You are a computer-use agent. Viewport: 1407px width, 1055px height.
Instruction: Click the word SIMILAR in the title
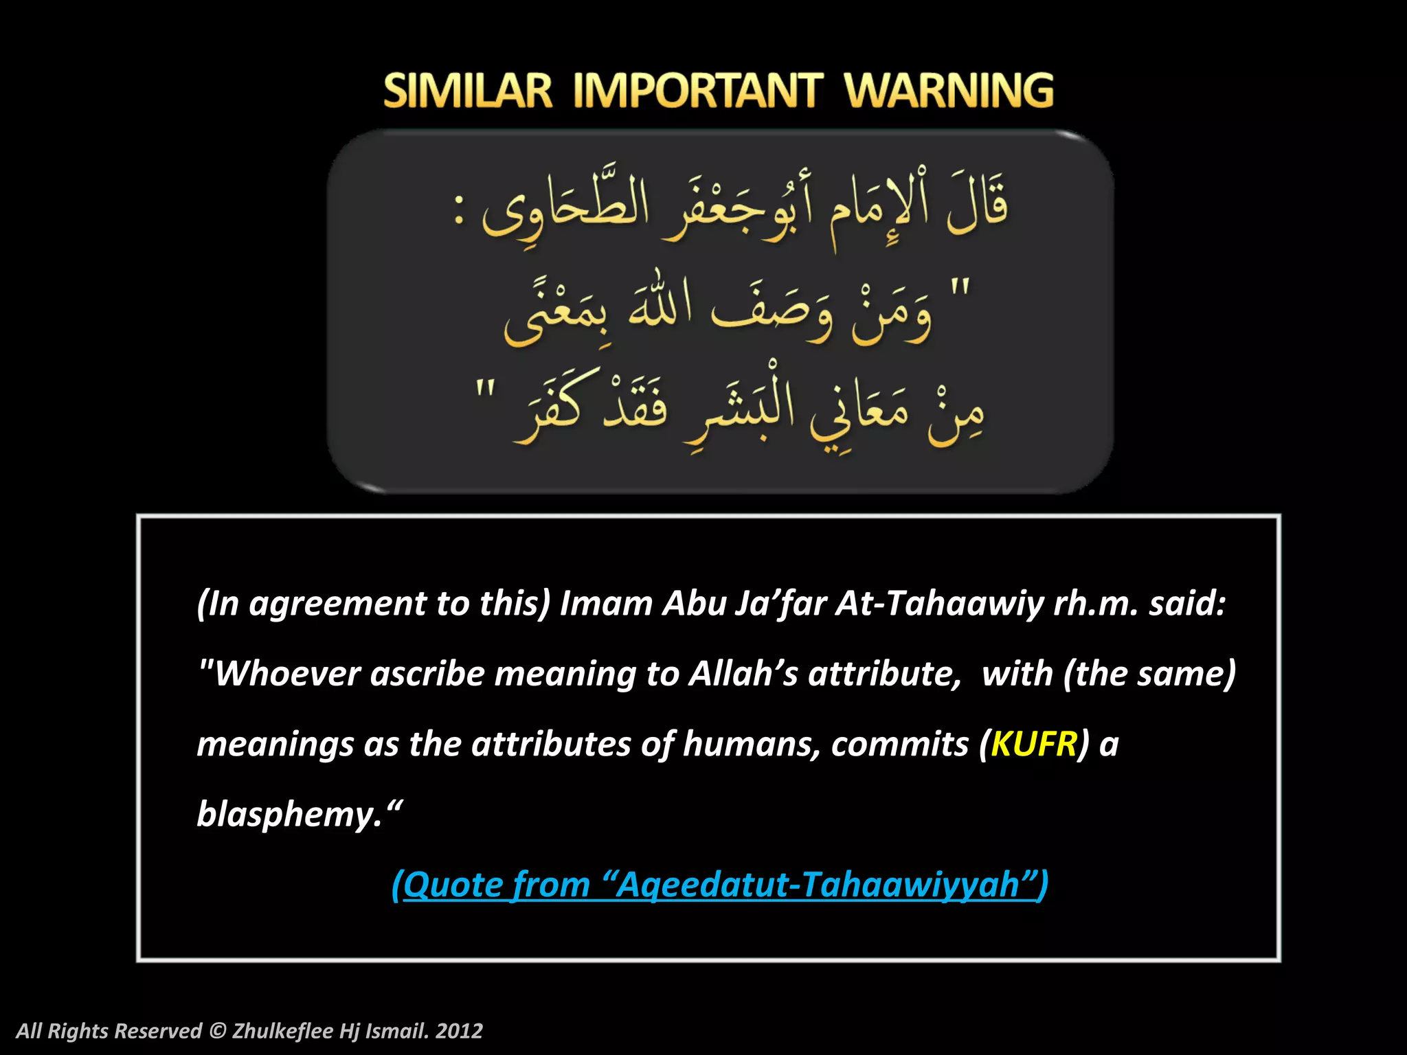(x=467, y=91)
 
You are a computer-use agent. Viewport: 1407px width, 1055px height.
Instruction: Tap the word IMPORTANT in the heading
(x=697, y=91)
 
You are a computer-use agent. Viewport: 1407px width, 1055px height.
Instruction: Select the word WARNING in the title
(x=949, y=91)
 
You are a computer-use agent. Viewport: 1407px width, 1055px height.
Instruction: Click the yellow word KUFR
(x=1034, y=744)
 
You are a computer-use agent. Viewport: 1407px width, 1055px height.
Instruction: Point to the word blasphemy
(x=289, y=815)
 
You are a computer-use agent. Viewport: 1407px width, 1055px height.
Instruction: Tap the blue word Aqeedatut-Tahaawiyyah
(x=818, y=884)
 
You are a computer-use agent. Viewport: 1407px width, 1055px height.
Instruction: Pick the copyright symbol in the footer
(x=217, y=1031)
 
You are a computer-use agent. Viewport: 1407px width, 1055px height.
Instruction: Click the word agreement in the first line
(x=337, y=604)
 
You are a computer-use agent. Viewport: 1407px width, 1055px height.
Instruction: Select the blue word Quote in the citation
(x=453, y=884)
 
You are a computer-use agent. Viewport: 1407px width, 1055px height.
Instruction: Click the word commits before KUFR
(x=899, y=744)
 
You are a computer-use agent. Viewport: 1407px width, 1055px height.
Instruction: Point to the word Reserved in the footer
(x=159, y=1031)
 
